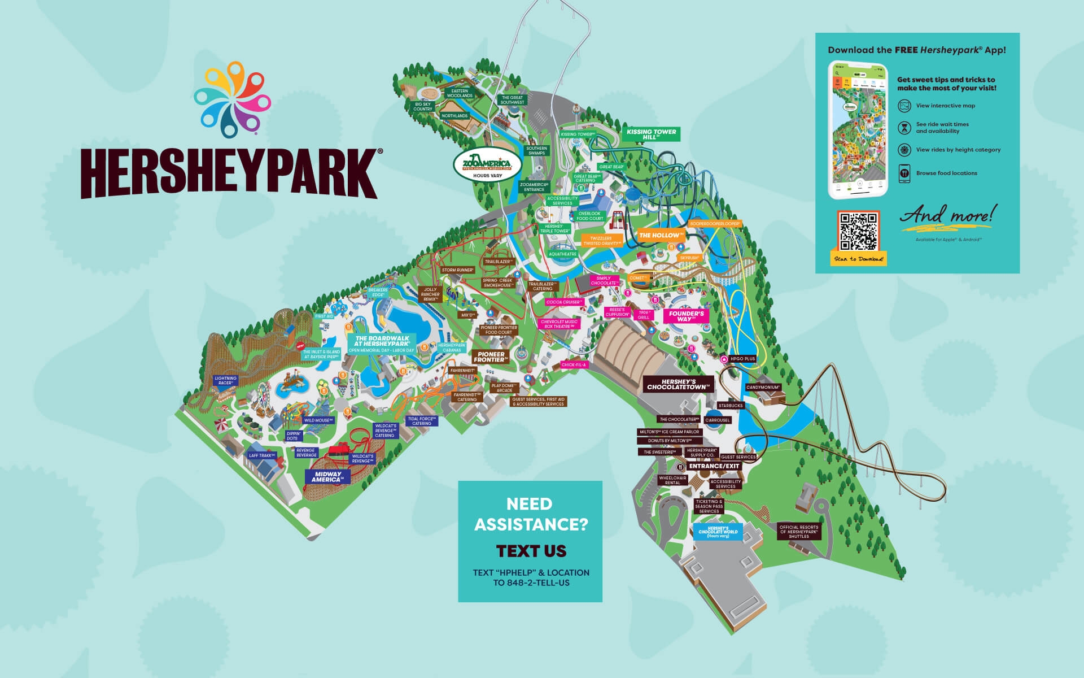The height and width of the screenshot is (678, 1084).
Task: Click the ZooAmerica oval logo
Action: (x=486, y=166)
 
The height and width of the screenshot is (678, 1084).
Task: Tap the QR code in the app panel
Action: (x=858, y=232)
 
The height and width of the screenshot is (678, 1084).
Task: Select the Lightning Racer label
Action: (x=226, y=381)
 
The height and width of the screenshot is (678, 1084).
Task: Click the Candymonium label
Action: (x=763, y=388)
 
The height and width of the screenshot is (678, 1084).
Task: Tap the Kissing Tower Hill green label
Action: (x=651, y=134)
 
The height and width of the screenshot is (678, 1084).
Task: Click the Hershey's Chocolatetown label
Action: (x=676, y=384)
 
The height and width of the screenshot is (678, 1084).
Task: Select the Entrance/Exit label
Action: (x=714, y=466)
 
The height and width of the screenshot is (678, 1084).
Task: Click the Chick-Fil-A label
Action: (x=574, y=365)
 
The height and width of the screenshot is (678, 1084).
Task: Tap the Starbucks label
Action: (x=731, y=406)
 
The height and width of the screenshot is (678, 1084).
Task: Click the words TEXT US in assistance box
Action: (x=531, y=551)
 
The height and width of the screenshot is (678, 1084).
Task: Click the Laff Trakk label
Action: (x=261, y=455)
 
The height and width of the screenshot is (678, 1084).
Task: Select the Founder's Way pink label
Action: (x=686, y=316)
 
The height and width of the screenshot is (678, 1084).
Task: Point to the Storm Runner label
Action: (x=457, y=270)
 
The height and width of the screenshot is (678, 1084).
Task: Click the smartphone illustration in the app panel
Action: (x=858, y=130)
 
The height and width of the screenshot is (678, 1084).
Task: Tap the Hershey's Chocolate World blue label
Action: (x=718, y=532)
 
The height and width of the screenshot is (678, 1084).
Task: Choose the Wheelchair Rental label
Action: (x=672, y=480)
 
